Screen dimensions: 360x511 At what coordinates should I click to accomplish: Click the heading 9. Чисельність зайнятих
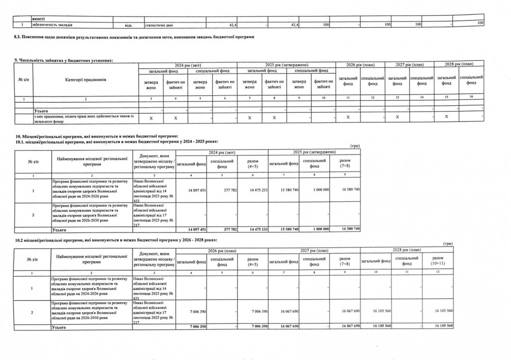point(64,61)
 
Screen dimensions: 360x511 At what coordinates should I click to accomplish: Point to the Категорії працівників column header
point(86,80)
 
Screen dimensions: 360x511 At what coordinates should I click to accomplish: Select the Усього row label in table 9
point(40,110)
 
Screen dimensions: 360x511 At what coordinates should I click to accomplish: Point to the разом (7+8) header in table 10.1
point(344,164)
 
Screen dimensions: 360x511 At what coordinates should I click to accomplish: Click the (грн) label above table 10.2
point(447,244)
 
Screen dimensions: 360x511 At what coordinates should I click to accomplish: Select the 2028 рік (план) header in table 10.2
point(406,250)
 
